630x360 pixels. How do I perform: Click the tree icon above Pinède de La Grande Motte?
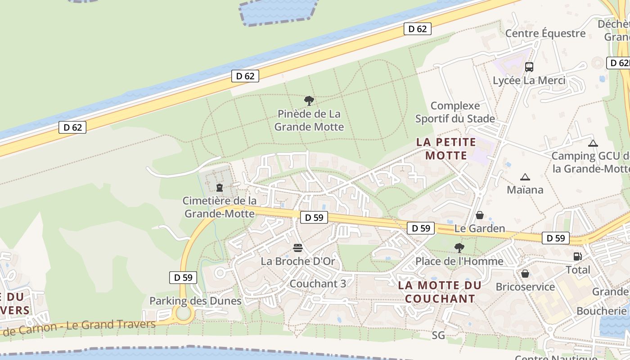[309, 100]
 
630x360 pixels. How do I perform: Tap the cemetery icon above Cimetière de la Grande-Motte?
[220, 187]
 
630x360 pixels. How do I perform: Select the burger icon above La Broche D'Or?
[297, 247]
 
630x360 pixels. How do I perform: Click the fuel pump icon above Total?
[577, 256]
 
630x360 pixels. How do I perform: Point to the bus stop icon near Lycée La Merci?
[529, 67]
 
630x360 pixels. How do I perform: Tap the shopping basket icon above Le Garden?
[480, 215]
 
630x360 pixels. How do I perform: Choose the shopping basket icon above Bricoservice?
[525, 273]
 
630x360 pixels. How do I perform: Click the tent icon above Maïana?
[525, 177]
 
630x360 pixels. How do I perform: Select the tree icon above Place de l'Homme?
[459, 247]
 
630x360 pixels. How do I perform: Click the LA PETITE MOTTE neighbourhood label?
[446, 149]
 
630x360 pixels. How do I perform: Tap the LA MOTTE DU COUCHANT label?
[440, 292]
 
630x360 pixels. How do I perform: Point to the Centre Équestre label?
[545, 33]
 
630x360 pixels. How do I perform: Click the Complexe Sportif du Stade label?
[455, 112]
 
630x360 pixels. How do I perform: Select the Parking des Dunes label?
[195, 301]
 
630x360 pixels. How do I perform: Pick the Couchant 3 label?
[318, 283]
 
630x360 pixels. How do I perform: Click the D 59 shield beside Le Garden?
[421, 228]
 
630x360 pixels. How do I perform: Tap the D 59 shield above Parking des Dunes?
[183, 277]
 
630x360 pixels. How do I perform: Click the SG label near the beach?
[438, 335]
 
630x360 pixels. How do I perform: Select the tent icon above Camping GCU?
[593, 144]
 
